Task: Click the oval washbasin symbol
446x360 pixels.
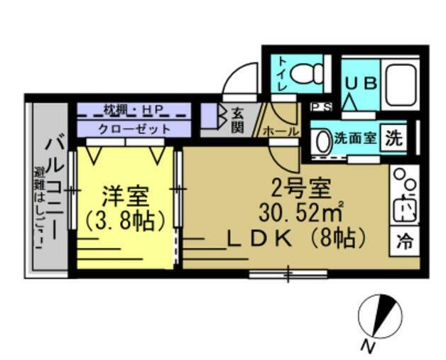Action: (323, 140)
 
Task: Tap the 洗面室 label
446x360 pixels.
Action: (356, 138)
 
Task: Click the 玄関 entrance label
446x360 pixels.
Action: (236, 119)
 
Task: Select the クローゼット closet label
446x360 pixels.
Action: (134, 129)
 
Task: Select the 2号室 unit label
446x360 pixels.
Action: (301, 187)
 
